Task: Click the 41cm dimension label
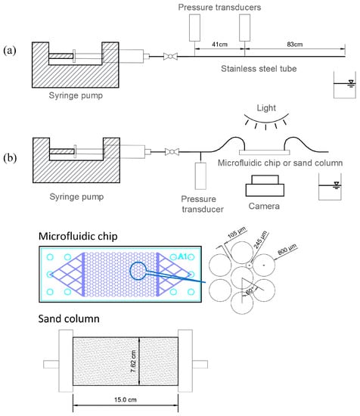[x=219, y=45]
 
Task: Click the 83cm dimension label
[x=294, y=45]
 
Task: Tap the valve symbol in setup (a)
[x=170, y=56]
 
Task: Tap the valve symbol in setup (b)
[x=172, y=152]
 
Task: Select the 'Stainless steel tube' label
[x=259, y=69]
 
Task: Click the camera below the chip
[x=265, y=185]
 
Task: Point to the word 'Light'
[x=266, y=108]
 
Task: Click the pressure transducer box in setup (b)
[x=200, y=176]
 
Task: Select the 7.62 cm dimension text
[x=133, y=361]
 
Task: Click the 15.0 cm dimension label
[x=126, y=399]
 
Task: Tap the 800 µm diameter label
[x=287, y=249]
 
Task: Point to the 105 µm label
[x=237, y=232]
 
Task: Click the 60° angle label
[x=250, y=291]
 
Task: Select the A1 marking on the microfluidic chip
[x=182, y=256]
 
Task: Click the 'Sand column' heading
[x=69, y=318]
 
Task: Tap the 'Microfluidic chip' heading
[x=78, y=236]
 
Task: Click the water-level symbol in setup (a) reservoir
[x=351, y=83]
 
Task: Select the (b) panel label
[x=10, y=157]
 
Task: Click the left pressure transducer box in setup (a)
[x=194, y=28]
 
